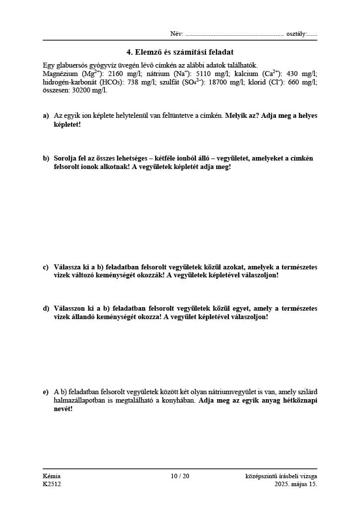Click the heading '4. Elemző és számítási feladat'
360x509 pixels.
[180, 52]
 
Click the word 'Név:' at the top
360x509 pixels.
[177, 34]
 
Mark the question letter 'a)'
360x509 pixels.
[46, 116]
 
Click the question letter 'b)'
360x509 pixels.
[46, 159]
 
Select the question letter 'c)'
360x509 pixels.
[46, 267]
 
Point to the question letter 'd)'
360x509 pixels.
[46, 309]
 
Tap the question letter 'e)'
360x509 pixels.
[46, 392]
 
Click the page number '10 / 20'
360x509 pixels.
[180, 476]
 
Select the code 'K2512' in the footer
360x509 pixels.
[52, 484]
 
